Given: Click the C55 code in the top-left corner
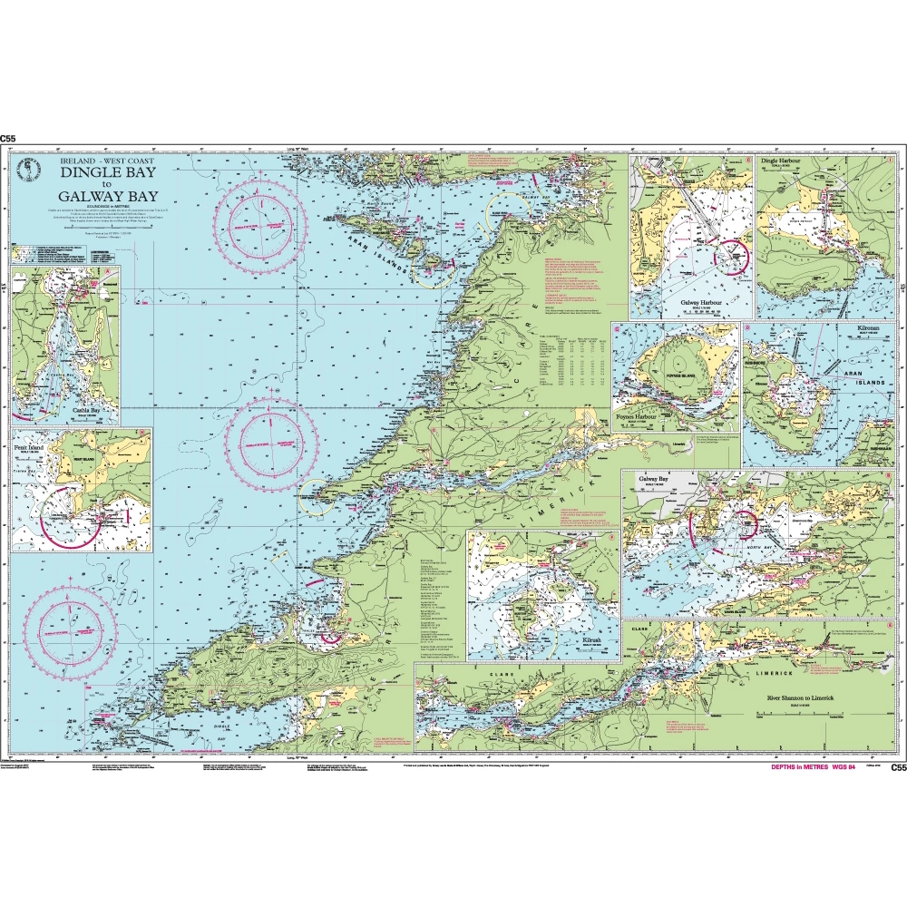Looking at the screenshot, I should pos(9,139).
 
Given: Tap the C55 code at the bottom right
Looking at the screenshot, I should pos(898,767).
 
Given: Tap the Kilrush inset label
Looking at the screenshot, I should pos(598,640).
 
